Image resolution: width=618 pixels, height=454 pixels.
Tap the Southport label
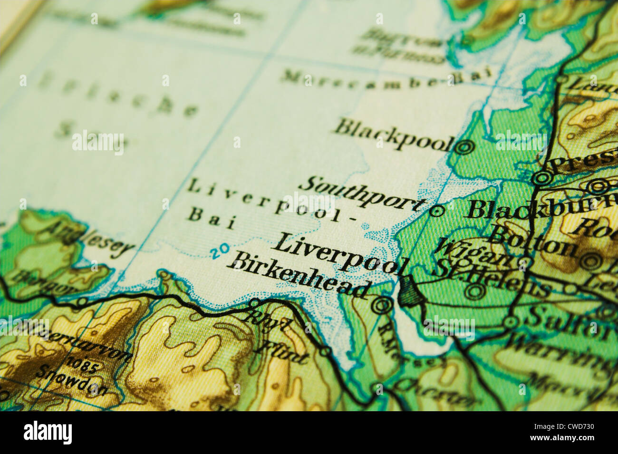tap(363, 193)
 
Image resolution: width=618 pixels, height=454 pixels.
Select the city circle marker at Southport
tap(437, 210)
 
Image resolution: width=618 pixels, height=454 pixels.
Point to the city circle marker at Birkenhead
tap(381, 305)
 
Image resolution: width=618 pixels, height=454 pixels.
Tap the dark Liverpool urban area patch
tap(408, 291)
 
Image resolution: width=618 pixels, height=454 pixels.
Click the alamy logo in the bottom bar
tap(48, 433)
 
